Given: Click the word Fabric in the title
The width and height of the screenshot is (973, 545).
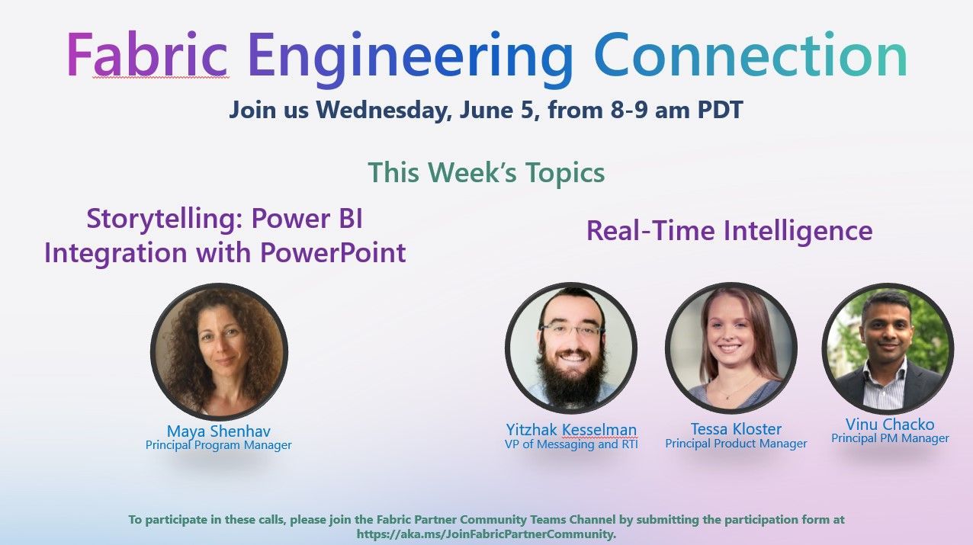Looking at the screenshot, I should [x=147, y=56].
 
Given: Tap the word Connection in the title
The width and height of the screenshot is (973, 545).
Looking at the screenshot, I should [x=750, y=56].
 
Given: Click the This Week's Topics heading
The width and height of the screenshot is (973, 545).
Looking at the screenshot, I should [x=486, y=172].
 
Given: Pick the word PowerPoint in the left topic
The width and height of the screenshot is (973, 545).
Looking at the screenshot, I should [x=333, y=252].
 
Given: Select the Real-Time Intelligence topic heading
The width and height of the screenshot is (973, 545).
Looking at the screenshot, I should [x=729, y=230].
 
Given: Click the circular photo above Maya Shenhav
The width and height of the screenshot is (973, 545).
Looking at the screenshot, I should [x=219, y=351].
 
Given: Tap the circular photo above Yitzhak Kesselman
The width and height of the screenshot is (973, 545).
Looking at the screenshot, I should [x=570, y=348].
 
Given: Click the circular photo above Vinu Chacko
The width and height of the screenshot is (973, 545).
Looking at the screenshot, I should [x=888, y=348].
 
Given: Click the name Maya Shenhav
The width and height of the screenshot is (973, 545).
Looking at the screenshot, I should [x=218, y=431].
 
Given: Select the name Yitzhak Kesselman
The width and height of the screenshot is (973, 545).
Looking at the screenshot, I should [x=571, y=429].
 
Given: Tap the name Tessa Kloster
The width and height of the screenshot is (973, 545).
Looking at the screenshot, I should [x=736, y=428].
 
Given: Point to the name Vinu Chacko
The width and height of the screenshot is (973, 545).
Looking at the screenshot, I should [x=889, y=425].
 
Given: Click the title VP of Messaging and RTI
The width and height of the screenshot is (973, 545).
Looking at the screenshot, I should [x=571, y=444].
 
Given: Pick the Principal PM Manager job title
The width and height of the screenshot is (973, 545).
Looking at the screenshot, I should [x=890, y=438].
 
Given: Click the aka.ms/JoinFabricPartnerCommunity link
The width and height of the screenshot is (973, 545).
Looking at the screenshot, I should [x=486, y=534].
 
